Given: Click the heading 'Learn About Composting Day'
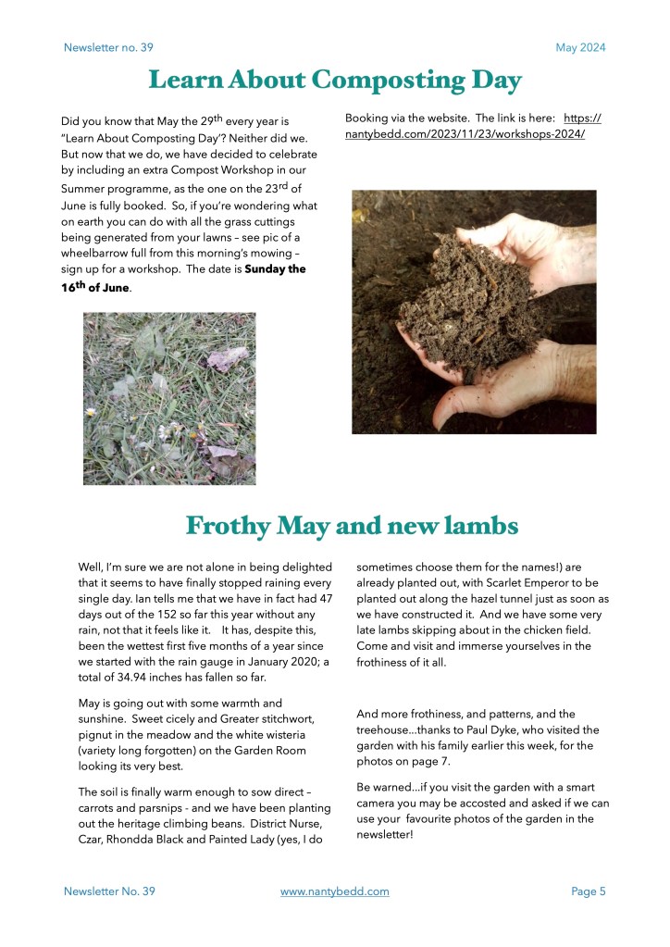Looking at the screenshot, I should pyautogui.click(x=335, y=81).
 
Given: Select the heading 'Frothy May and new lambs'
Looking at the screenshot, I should pyautogui.click(x=352, y=526).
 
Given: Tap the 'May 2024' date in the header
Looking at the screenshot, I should pyautogui.click(x=580, y=48).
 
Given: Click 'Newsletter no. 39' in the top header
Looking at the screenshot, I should pyautogui.click(x=108, y=48).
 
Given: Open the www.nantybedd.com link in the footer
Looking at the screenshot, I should pyautogui.click(x=334, y=891).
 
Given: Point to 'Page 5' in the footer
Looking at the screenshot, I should pyautogui.click(x=589, y=891).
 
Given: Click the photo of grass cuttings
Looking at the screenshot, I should pyautogui.click(x=169, y=398).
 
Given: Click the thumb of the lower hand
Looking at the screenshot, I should pyautogui.click(x=463, y=400).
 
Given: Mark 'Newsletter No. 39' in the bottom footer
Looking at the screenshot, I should pyautogui.click(x=109, y=891).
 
